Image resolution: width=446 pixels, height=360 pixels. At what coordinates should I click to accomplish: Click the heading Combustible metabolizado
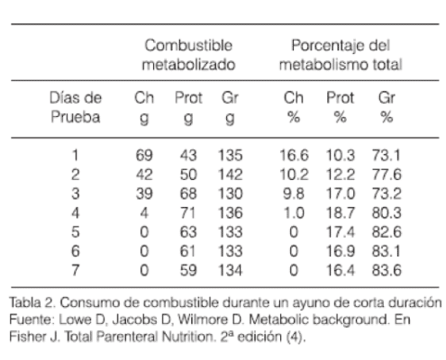click(188, 55)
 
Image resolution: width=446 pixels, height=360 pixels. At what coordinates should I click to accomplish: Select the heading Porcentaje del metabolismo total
click(341, 55)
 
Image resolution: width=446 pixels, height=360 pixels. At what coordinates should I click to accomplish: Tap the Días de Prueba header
click(76, 107)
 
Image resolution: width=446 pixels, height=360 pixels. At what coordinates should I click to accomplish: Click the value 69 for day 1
click(144, 156)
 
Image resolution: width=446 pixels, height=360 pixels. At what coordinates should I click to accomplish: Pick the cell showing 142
click(230, 175)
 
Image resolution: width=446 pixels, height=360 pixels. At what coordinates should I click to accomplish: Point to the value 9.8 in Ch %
click(294, 193)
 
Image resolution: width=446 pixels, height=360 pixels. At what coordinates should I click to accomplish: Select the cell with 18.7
click(341, 213)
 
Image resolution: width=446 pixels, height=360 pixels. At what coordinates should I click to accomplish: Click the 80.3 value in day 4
click(387, 213)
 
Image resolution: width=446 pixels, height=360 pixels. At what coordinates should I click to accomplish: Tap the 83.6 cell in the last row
click(387, 271)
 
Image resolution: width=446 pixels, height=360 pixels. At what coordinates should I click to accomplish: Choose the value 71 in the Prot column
click(188, 213)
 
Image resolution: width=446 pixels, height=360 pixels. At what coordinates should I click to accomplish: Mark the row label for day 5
click(76, 232)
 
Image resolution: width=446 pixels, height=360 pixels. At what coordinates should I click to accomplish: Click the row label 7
click(76, 271)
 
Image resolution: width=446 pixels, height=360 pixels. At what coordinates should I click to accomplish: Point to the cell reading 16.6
click(294, 156)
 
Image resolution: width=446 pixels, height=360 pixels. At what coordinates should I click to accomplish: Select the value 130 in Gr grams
click(230, 193)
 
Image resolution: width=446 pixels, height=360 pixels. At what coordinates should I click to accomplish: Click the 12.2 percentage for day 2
click(341, 175)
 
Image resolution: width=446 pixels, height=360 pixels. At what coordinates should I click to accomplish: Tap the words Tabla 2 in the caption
click(32, 302)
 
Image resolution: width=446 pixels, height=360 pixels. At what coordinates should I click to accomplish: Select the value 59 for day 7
click(188, 271)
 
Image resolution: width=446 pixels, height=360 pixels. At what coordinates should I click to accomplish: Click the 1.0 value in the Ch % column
click(294, 213)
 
